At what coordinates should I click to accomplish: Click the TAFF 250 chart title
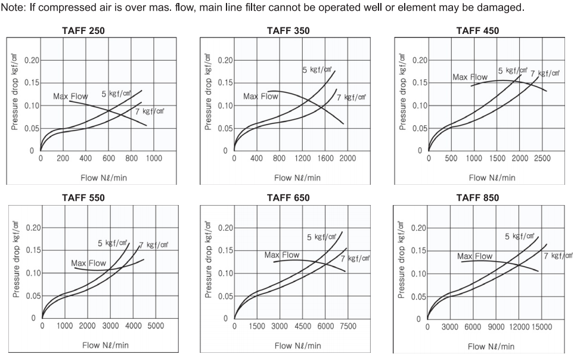point(83,30)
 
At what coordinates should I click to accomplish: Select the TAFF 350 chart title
point(288,30)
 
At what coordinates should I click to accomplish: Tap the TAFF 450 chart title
point(477,30)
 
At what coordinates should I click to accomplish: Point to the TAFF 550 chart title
point(83,198)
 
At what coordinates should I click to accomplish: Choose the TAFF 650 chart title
point(288,198)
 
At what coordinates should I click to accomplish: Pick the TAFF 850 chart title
point(477,198)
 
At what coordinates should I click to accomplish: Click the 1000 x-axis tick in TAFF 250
point(154,159)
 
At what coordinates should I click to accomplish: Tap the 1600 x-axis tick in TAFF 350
point(325,159)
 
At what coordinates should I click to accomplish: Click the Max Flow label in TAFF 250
point(70,97)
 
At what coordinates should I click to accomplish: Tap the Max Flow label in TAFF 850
point(474,256)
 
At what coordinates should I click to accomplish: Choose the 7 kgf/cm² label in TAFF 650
point(355,258)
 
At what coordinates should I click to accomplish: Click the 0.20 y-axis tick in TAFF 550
point(33,228)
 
